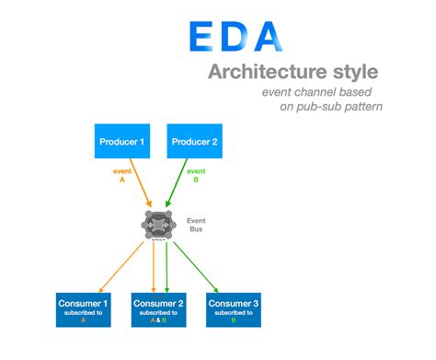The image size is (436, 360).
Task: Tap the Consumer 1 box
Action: tap(82, 310)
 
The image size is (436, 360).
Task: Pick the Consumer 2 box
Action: tap(160, 310)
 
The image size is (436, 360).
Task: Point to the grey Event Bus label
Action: tap(197, 226)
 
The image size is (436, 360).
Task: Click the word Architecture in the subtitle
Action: tap(260, 71)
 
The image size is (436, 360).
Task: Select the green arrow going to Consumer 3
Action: tap(201, 263)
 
